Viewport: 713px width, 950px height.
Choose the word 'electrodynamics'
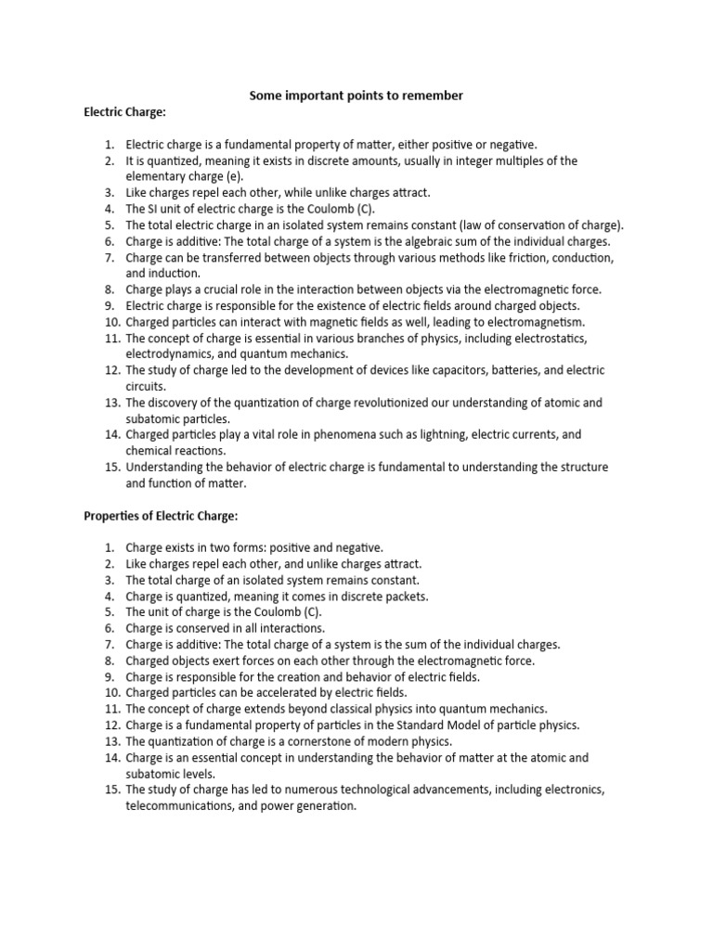171,353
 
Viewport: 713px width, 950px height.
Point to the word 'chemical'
150,450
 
